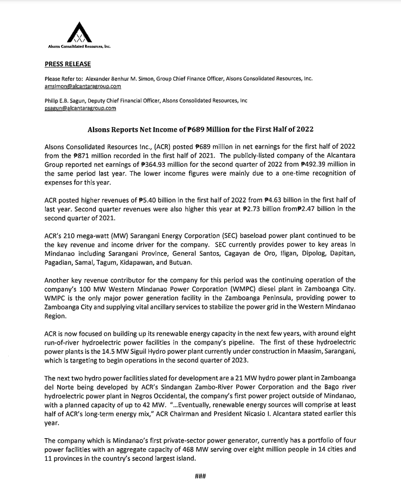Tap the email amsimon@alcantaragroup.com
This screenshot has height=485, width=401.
point(83,86)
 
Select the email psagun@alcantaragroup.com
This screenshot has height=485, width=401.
point(80,108)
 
